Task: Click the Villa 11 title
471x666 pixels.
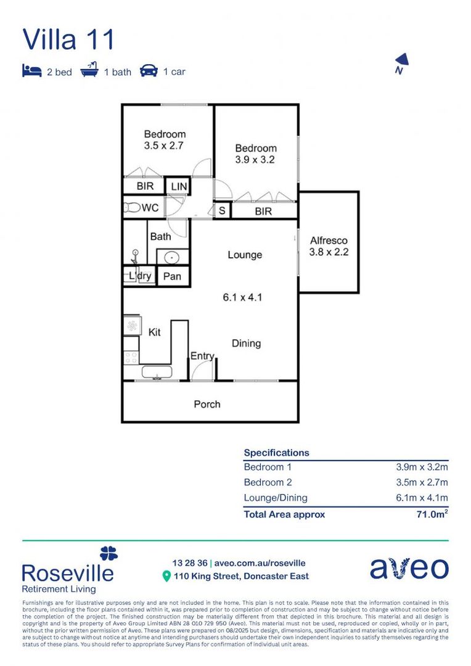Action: [68, 39]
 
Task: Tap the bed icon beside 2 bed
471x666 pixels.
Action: [32, 71]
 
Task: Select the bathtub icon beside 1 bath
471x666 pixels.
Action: [89, 70]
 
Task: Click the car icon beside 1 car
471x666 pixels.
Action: [149, 71]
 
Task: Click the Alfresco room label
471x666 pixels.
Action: [329, 240]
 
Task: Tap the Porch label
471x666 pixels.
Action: [207, 404]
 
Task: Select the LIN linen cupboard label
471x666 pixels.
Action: [178, 186]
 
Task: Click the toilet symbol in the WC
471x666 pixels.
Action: [132, 208]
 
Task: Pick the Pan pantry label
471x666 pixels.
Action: [172, 276]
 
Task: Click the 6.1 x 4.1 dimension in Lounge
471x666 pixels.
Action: [243, 297]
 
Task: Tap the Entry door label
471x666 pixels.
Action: [202, 356]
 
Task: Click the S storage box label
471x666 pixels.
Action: [222, 211]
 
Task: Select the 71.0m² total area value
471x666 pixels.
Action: [432, 514]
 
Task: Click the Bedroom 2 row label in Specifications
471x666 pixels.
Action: [268, 482]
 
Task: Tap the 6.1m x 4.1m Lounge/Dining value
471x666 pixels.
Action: [422, 498]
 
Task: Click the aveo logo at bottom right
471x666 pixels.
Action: [409, 568]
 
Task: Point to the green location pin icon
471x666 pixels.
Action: [166, 576]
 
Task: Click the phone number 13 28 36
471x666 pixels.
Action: [189, 562]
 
